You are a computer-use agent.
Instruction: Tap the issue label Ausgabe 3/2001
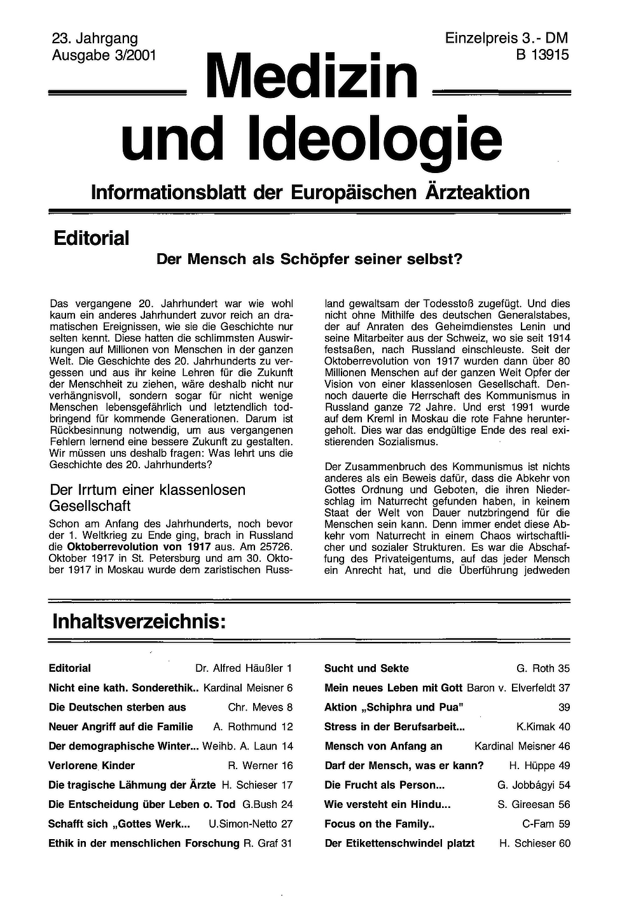(104, 55)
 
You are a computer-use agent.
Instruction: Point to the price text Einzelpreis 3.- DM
(506, 39)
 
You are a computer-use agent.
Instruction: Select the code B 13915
(542, 55)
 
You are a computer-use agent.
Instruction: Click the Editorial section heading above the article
(91, 239)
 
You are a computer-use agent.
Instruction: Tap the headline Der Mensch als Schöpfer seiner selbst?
(309, 260)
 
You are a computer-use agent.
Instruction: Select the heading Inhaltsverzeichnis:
(139, 621)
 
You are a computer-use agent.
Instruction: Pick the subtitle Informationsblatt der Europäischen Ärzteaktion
(310, 192)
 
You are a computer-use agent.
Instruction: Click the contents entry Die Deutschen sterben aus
(118, 707)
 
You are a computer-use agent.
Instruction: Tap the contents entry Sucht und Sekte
(366, 668)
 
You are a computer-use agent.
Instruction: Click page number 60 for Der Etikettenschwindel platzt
(564, 843)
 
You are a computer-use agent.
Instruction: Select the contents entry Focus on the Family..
(379, 824)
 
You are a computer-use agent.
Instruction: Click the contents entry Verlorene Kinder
(92, 765)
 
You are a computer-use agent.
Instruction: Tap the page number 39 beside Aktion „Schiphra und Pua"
(564, 707)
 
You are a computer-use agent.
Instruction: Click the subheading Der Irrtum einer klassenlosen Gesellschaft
(147, 497)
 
